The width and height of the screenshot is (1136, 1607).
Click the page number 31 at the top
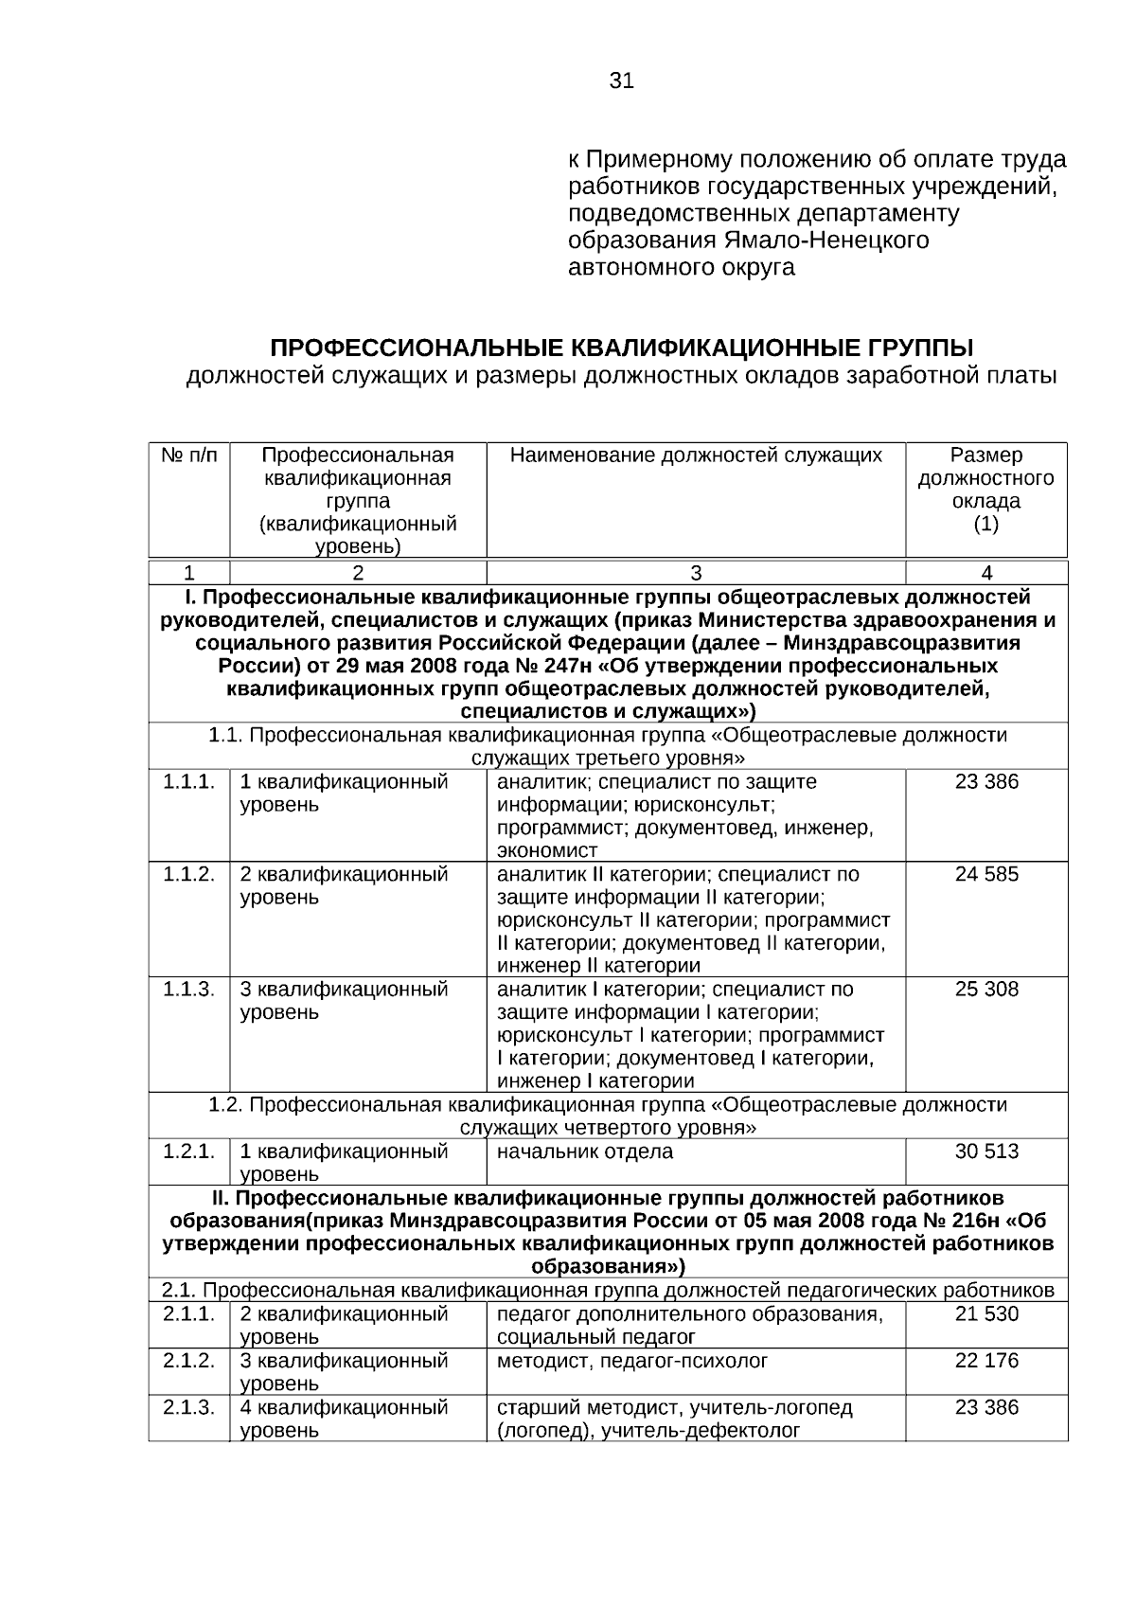(621, 81)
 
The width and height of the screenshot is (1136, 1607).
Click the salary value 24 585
(986, 874)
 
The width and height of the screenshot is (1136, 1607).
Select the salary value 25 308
(986, 990)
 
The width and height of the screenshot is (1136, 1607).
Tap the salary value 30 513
(986, 1152)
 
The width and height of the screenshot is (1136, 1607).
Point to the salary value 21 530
(986, 1314)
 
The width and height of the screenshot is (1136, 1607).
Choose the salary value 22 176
(986, 1361)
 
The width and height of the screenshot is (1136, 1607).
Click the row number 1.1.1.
(188, 782)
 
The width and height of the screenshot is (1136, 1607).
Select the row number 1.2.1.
(188, 1152)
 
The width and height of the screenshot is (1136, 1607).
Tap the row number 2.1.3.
(188, 1407)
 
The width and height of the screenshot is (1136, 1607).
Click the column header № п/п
(188, 455)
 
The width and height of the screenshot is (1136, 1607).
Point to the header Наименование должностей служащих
(696, 455)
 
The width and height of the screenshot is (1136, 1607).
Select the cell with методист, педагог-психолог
(632, 1361)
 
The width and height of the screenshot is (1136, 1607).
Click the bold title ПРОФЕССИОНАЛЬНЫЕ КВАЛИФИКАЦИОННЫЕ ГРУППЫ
(621, 347)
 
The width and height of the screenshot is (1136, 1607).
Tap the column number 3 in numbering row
(696, 573)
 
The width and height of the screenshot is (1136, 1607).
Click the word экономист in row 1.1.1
(547, 850)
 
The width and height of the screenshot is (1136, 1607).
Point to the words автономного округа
(681, 268)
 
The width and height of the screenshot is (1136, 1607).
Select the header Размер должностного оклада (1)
(986, 490)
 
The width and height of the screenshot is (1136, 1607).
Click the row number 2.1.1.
(188, 1314)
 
